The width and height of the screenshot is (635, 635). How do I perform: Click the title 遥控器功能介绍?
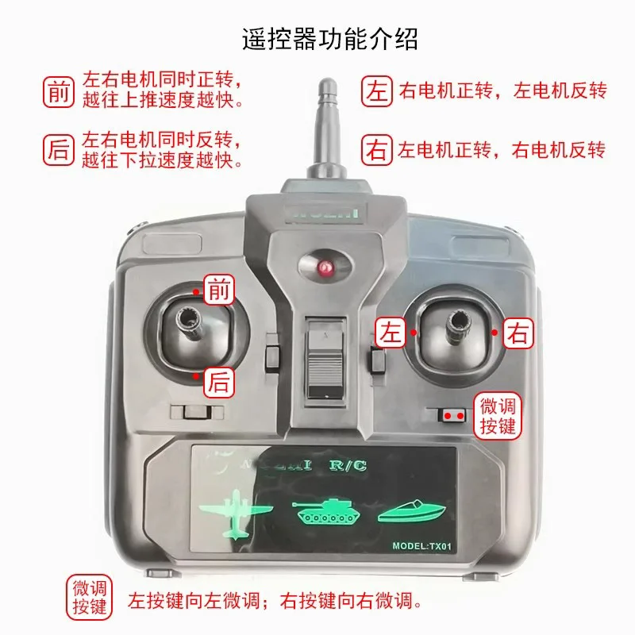pyautogui.click(x=329, y=39)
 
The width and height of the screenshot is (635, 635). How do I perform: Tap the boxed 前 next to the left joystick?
pyautogui.click(x=219, y=291)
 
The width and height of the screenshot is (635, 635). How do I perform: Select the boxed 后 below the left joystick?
pyautogui.click(x=219, y=383)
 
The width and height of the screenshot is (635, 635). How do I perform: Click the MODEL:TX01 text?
pyautogui.click(x=421, y=546)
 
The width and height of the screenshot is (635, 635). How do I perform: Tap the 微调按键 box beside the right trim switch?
pyautogui.click(x=498, y=416)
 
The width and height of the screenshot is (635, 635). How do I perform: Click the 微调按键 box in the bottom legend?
pyautogui.click(x=89, y=598)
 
